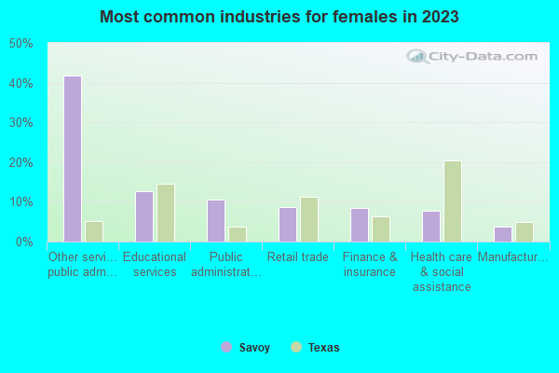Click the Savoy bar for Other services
coord(72,159)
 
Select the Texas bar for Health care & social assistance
coord(452,201)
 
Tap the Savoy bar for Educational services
coord(143,216)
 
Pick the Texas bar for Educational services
coord(165,213)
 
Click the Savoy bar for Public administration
coord(215,220)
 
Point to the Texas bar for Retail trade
coord(308,219)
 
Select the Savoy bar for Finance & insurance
coord(359,225)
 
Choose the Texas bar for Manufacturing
coord(524,232)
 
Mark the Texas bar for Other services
coord(93,231)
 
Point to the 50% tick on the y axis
coord(20,44)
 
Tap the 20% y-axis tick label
coord(20,163)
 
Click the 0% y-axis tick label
coord(24,242)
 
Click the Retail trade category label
coord(297,256)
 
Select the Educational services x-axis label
coord(155,264)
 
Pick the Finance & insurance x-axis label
coord(370,264)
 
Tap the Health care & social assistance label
coord(442,271)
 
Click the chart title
coord(279,17)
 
